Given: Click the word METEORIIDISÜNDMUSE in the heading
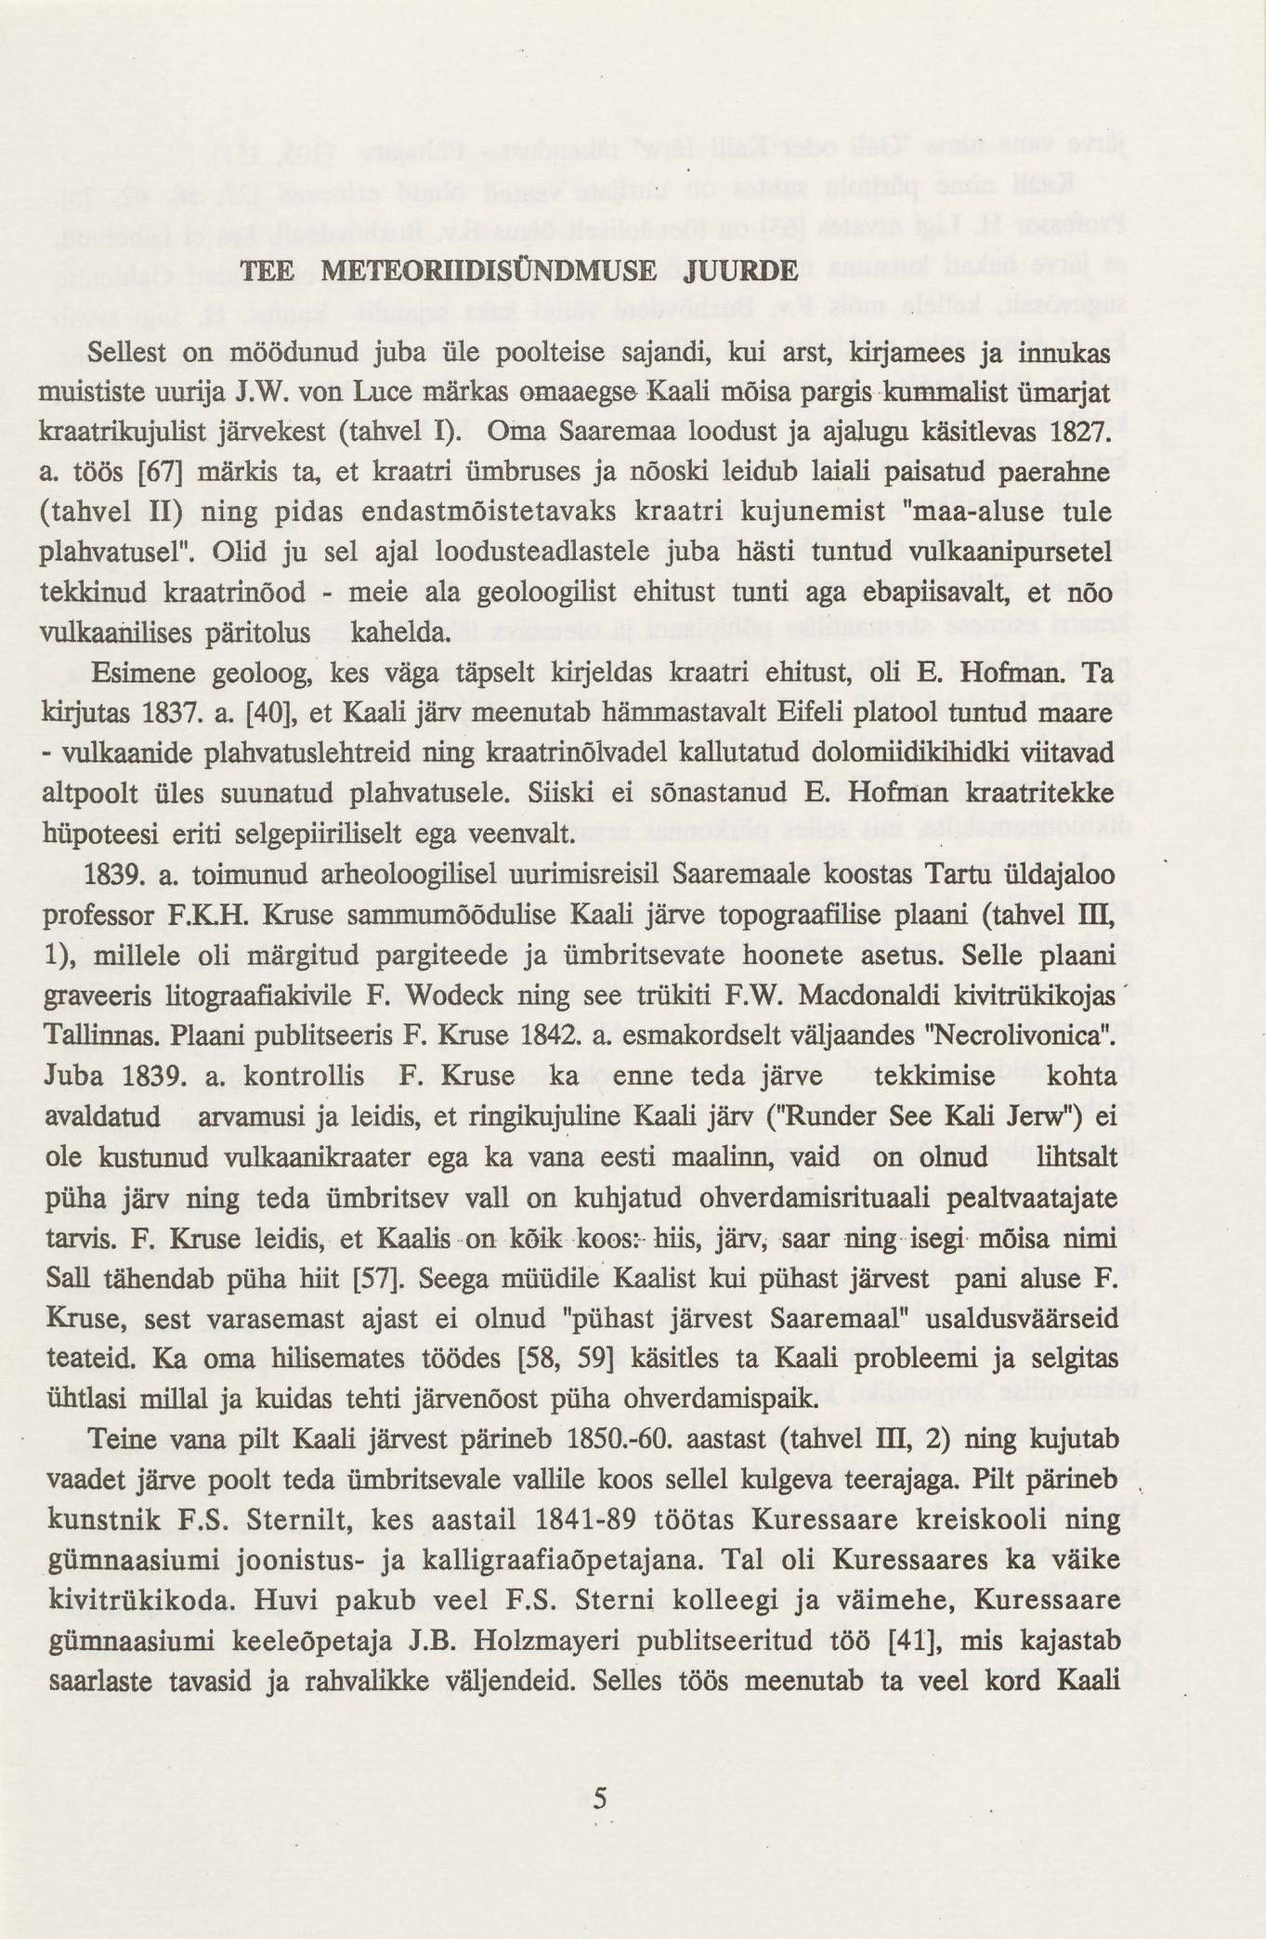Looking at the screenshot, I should pyautogui.click(x=489, y=271).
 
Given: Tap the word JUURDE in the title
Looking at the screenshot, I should pyautogui.click(x=739, y=271).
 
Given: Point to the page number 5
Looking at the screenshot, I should pyautogui.click(x=599, y=1799).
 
